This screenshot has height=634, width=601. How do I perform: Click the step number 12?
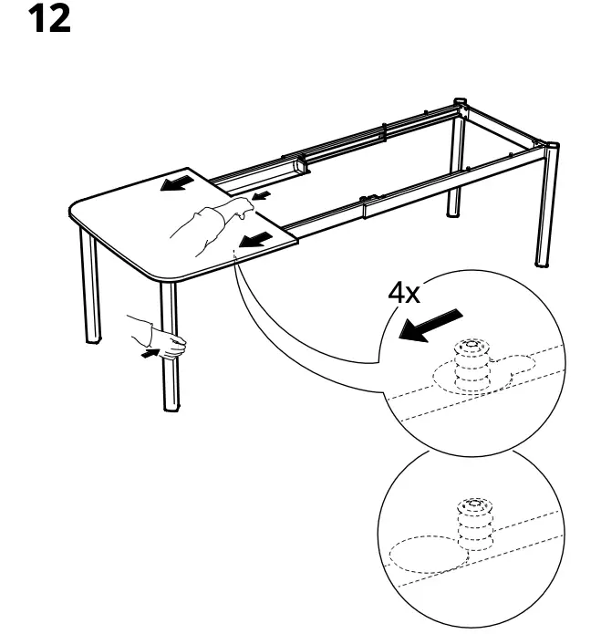click(51, 20)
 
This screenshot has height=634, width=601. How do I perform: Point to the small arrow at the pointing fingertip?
click(262, 195)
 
